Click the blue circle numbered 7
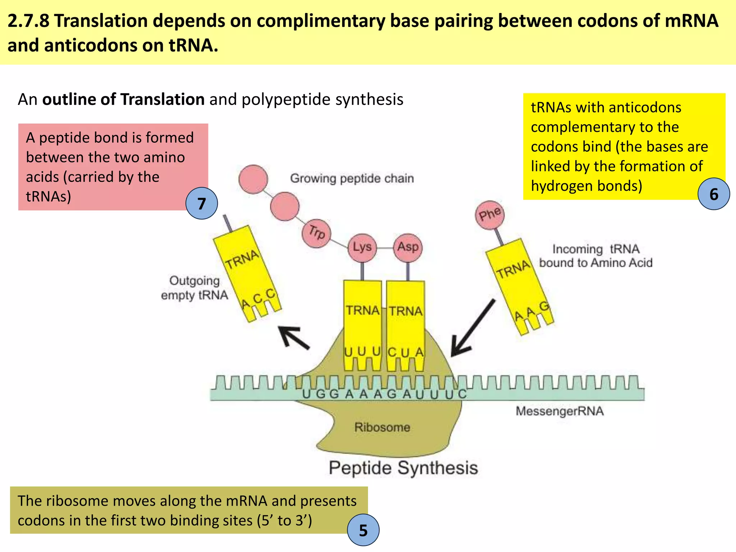click(202, 203)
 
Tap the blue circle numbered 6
click(713, 194)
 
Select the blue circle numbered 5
click(363, 530)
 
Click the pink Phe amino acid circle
click(489, 215)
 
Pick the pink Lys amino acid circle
click(362, 248)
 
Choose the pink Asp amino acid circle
click(408, 248)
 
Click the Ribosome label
click(382, 427)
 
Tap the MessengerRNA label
click(560, 411)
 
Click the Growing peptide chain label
click(352, 178)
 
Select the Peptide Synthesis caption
click(403, 468)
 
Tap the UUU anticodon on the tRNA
click(362, 351)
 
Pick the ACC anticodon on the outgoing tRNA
click(258, 299)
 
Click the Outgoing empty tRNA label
click(194, 288)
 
